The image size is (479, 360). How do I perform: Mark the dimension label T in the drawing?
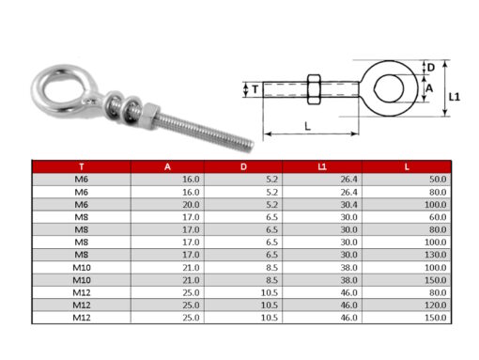click(255, 89)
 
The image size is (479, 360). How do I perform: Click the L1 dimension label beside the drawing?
click(455, 96)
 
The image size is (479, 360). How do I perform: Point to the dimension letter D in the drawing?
click(431, 68)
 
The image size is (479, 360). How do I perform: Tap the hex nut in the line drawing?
click(315, 90)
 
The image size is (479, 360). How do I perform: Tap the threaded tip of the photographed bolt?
click(242, 146)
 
